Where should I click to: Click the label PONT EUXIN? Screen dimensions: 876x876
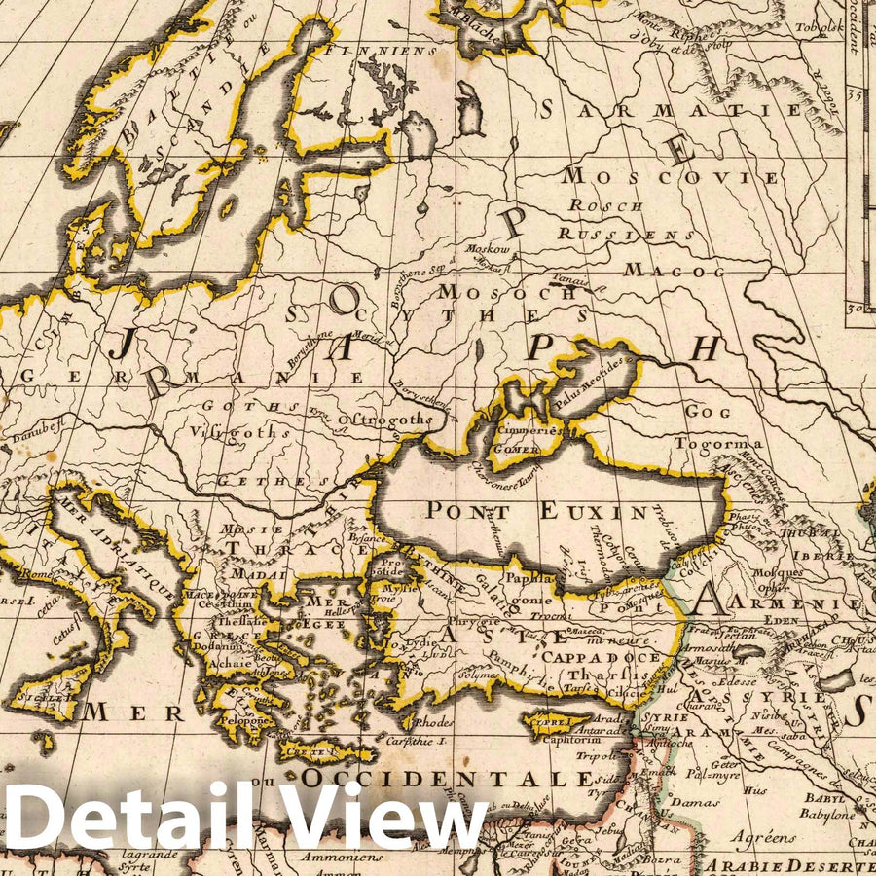tap(536, 509)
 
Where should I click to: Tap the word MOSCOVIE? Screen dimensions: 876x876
tap(671, 177)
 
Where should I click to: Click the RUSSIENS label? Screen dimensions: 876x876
tap(627, 235)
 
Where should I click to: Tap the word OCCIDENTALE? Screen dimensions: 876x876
tap(447, 779)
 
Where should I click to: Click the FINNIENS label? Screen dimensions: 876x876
tap(383, 50)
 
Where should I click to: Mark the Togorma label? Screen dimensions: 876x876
tap(727, 444)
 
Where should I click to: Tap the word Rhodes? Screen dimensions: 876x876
tap(432, 723)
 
